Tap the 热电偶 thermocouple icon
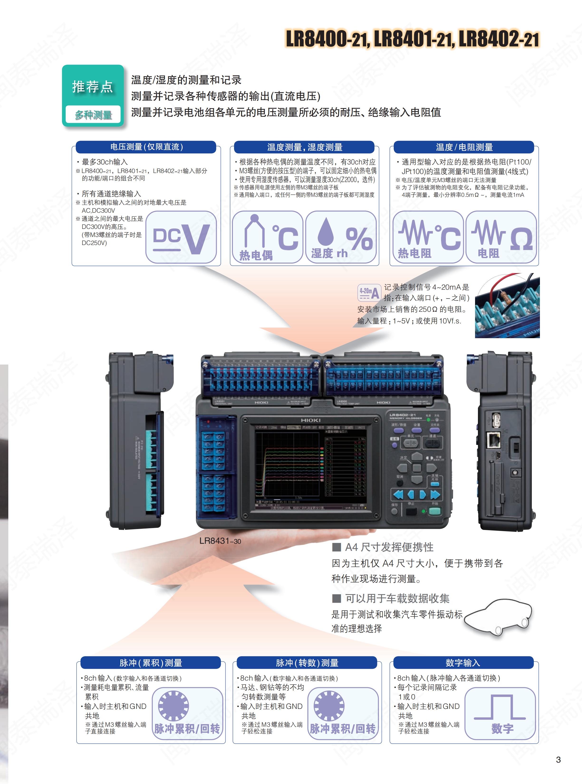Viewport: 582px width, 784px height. [267, 237]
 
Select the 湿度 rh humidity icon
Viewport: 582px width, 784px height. [341, 237]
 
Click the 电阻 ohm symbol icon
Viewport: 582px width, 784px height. [501, 237]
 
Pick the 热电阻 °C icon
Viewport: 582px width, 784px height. [428, 237]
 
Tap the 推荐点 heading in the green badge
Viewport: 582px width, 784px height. [93, 87]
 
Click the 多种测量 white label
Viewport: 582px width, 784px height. [93, 115]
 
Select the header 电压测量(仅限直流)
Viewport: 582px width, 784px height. [146, 147]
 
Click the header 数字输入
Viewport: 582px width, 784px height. [463, 663]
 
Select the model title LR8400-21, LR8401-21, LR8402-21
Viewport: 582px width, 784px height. [412, 39]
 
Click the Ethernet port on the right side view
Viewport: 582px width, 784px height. [494, 440]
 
